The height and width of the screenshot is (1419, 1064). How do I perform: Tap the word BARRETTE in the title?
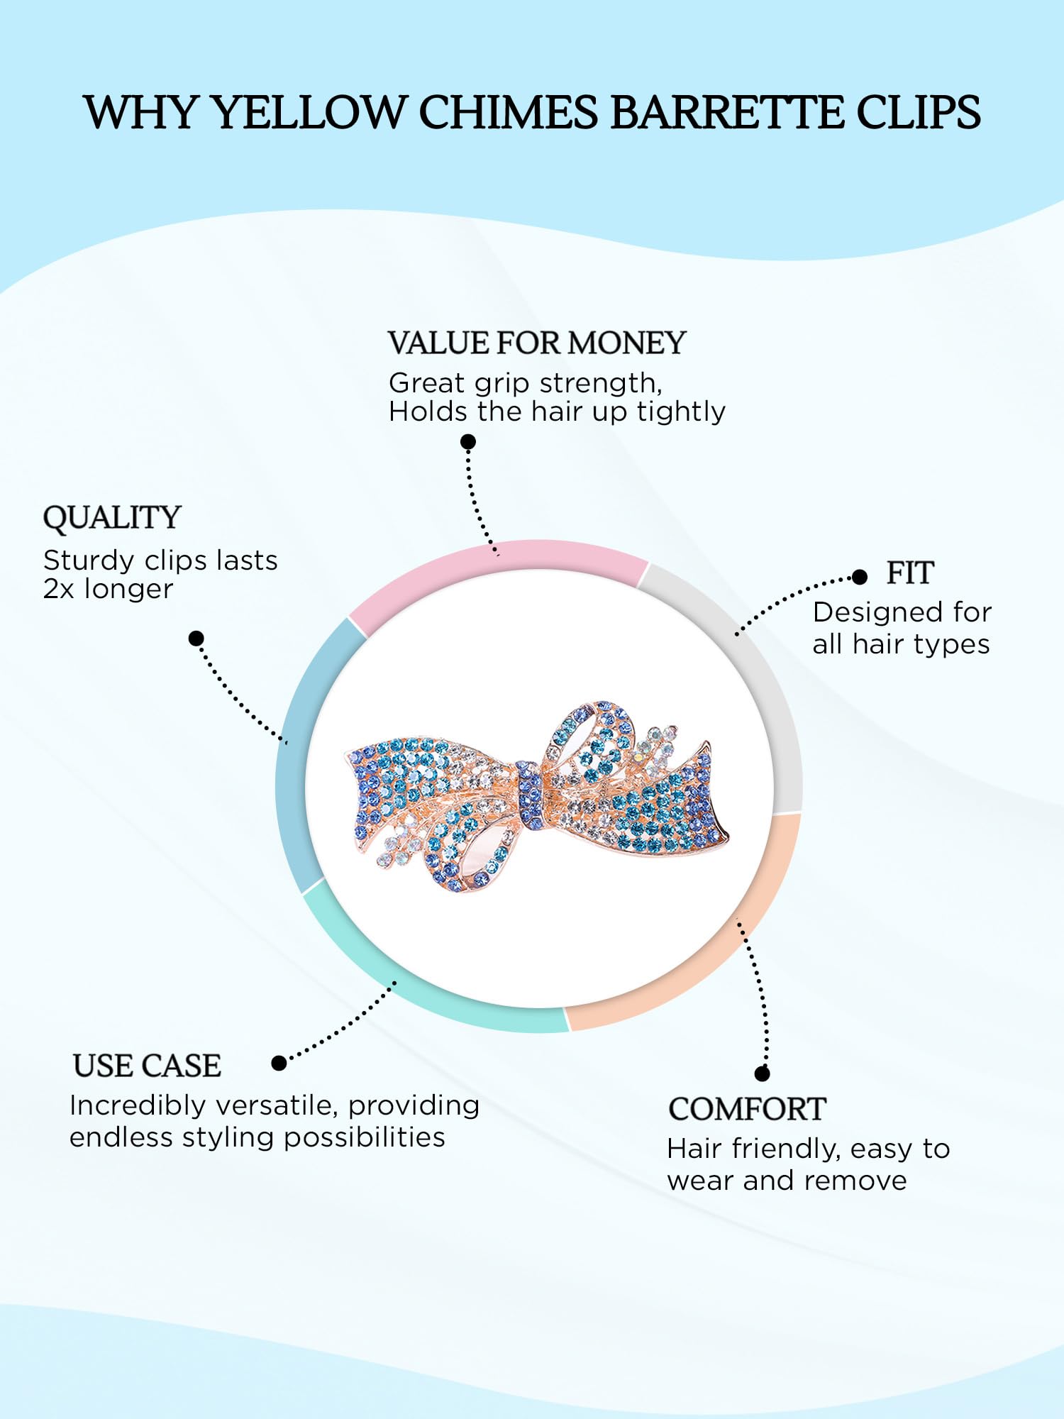(726, 112)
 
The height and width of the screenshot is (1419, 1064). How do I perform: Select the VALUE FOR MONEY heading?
(537, 343)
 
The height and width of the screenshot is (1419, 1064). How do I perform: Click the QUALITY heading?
(112, 518)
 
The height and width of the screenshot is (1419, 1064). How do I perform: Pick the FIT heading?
(910, 573)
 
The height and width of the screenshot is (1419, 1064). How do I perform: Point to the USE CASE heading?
(147, 1066)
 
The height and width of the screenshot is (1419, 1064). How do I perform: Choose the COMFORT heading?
(747, 1109)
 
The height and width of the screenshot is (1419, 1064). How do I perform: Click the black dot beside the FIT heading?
(860, 577)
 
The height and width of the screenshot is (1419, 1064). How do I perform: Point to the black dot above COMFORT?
(763, 1073)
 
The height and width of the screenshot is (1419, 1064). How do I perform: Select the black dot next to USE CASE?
(279, 1063)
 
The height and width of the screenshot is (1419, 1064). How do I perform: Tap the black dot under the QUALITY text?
(196, 639)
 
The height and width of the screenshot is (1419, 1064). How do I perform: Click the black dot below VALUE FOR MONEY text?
(468, 442)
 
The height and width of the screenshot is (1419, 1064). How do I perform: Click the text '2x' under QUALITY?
(59, 590)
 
